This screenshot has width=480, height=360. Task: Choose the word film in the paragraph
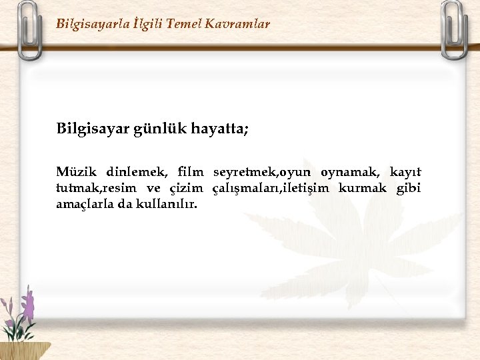click(190, 173)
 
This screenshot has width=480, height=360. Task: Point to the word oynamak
click(350, 173)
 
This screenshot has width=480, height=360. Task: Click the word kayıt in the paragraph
click(405, 173)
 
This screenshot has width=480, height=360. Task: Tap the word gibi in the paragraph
click(408, 189)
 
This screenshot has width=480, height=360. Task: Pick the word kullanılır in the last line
click(167, 204)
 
